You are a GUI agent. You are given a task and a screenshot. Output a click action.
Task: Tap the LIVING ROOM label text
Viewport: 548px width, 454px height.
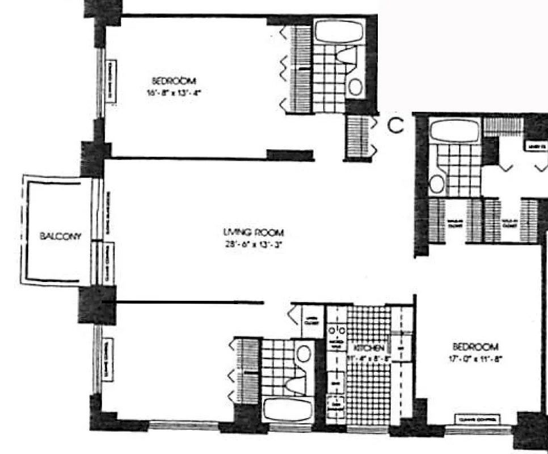tap(253, 233)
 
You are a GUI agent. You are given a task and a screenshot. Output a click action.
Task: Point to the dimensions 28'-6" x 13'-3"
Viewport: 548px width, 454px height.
tap(253, 246)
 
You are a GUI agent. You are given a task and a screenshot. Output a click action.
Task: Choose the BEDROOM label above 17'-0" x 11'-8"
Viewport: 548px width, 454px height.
tap(475, 347)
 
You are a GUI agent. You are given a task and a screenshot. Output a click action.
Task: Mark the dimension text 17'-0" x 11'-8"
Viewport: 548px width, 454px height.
tap(475, 359)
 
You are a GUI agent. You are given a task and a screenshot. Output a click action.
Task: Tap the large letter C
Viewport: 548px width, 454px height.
tap(396, 125)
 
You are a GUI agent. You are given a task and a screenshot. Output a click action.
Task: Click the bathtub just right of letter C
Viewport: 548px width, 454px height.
tap(454, 131)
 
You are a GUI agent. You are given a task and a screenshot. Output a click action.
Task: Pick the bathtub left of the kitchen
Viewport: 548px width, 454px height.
tap(288, 409)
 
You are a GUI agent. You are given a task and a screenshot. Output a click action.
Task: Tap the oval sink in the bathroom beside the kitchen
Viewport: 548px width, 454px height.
tap(303, 353)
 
